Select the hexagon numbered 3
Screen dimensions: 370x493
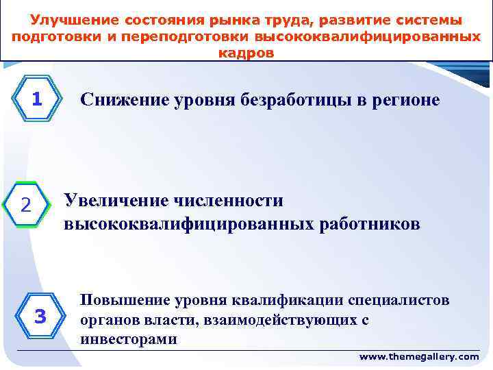[x=40, y=317]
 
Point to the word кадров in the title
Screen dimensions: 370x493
[x=246, y=53]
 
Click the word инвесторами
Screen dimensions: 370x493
[x=129, y=338]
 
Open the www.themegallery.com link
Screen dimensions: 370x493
[x=419, y=357]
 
